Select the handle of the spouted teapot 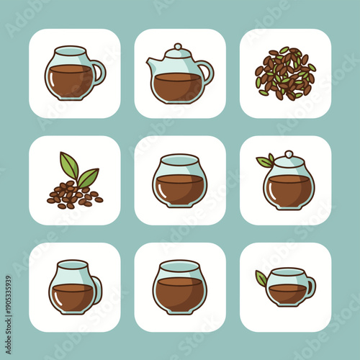click(x=207, y=71)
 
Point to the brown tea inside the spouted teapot click(x=179, y=86)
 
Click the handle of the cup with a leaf click(x=310, y=287)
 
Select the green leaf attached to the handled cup click(x=261, y=277)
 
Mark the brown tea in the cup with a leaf click(x=287, y=292)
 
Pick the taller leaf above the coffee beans click(x=69, y=165)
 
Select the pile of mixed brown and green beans click(x=285, y=73)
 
